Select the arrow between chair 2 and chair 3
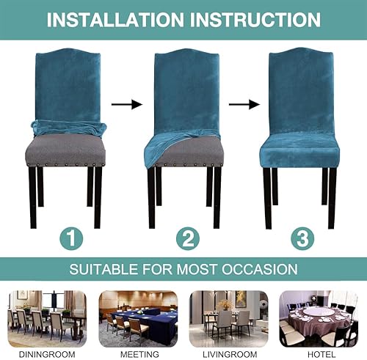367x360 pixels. click(241, 105)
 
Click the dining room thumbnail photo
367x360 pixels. click(46, 317)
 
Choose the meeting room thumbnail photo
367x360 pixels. click(139, 317)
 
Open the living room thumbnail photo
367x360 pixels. click(228, 317)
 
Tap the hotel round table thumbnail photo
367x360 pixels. click(319, 317)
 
